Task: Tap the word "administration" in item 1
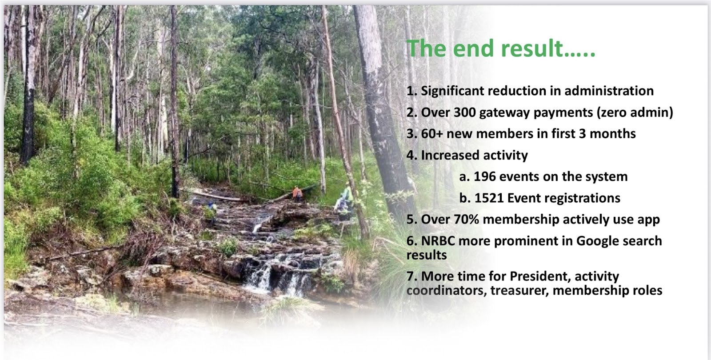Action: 609,91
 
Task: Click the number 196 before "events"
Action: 485,176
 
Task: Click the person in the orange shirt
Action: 297,193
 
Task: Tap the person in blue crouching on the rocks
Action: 211,208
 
